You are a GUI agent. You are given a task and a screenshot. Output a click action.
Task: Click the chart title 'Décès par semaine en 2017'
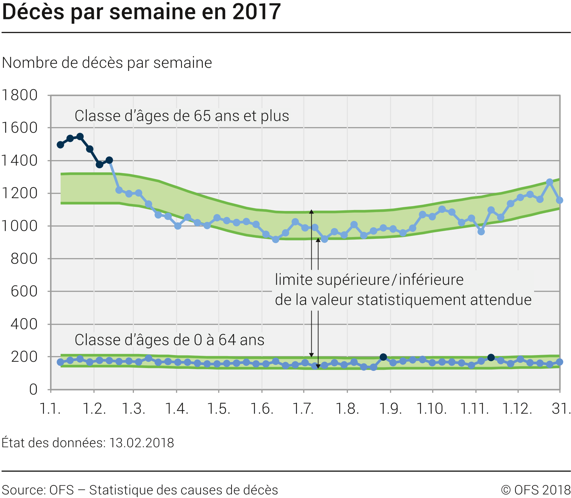pos(141,12)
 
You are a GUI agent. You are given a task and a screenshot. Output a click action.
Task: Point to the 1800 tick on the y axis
pos(20,95)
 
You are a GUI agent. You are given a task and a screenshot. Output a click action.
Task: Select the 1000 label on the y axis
pos(20,226)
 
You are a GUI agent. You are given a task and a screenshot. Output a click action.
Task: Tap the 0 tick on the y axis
pos(33,389)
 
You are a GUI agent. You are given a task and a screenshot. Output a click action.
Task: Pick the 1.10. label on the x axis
pos(432,408)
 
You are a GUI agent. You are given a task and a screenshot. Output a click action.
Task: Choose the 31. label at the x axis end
pos(561,408)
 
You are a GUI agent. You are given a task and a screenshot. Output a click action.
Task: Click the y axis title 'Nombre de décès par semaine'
pos(107,63)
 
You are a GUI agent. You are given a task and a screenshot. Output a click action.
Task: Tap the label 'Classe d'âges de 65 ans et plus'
pos(182,116)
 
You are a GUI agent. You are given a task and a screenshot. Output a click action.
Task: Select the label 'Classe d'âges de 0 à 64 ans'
pos(169,340)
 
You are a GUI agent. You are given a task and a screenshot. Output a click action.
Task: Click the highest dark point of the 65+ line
pos(80,137)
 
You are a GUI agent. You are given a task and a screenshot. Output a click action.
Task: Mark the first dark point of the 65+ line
pos(60,145)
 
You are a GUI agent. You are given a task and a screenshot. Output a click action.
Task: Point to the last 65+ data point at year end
pos(560,200)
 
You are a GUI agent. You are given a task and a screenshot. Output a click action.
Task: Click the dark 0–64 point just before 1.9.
pos(383,357)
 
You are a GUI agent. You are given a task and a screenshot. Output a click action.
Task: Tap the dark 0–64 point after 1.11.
pos(491,358)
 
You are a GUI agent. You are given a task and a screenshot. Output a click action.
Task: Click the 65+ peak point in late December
pos(550,182)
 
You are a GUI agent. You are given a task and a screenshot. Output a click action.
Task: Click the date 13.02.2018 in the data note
pos(141,443)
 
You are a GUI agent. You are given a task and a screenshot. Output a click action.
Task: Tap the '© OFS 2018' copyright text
pos(536,490)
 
